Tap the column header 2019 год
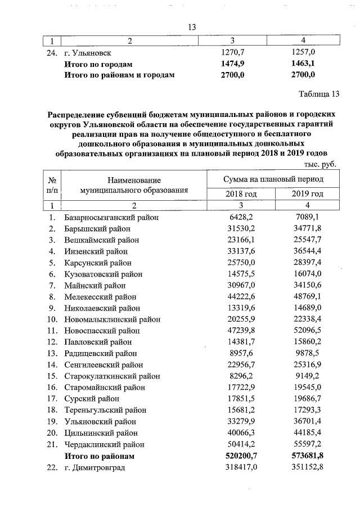[x=307, y=194]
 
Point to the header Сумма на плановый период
[x=273, y=178]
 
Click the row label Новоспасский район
[x=103, y=331]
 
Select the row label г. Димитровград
[x=94, y=467]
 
